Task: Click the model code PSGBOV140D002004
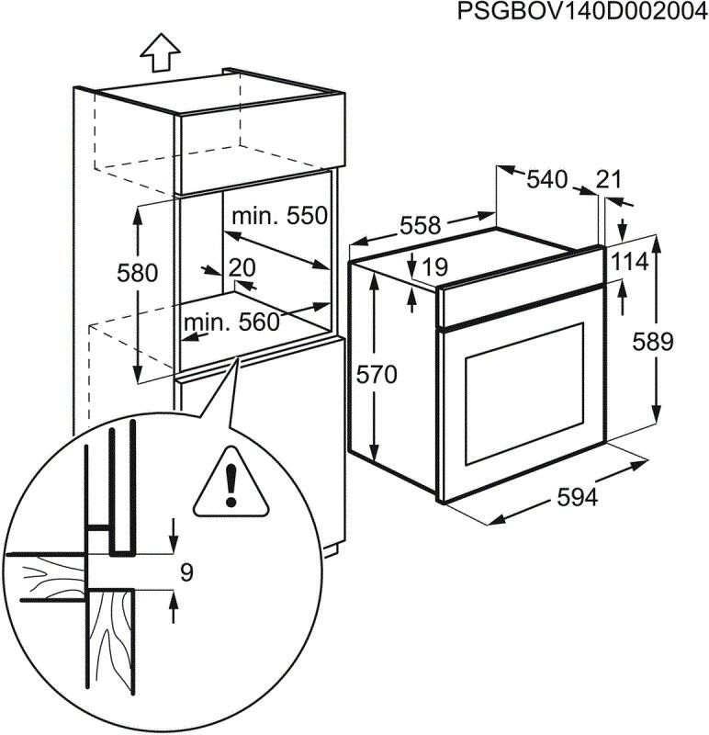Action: pyautogui.click(x=573, y=13)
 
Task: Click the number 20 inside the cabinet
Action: pyautogui.click(x=241, y=267)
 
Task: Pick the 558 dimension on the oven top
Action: pyautogui.click(x=421, y=226)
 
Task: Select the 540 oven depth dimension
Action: pyautogui.click(x=546, y=180)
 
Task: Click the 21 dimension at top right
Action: pyautogui.click(x=609, y=180)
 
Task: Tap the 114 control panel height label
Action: pyautogui.click(x=630, y=262)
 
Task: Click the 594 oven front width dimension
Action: pyautogui.click(x=578, y=497)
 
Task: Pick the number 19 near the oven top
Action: pyautogui.click(x=435, y=267)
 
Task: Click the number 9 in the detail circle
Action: pyautogui.click(x=186, y=573)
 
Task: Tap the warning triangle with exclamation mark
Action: pyautogui.click(x=231, y=481)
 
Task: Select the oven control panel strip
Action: pyautogui.click(x=519, y=306)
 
